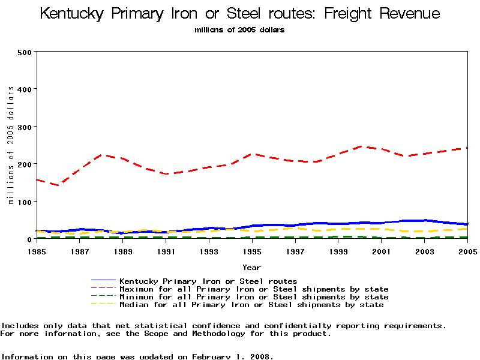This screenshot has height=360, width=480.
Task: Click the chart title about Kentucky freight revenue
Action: (240, 14)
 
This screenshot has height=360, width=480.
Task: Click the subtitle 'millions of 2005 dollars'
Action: (240, 29)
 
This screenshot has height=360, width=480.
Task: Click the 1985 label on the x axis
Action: (37, 250)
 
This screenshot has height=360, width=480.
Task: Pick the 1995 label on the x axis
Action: (252, 250)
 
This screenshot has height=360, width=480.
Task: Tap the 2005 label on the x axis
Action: (467, 250)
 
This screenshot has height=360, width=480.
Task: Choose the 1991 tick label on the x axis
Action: (166, 250)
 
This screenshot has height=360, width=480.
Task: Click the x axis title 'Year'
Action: (252, 267)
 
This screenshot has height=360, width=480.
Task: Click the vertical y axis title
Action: (11, 145)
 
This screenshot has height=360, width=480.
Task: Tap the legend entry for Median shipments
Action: (251, 305)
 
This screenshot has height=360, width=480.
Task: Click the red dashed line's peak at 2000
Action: (360, 146)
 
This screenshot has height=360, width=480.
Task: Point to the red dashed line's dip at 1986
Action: (58, 185)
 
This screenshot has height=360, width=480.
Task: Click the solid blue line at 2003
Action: (424, 221)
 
